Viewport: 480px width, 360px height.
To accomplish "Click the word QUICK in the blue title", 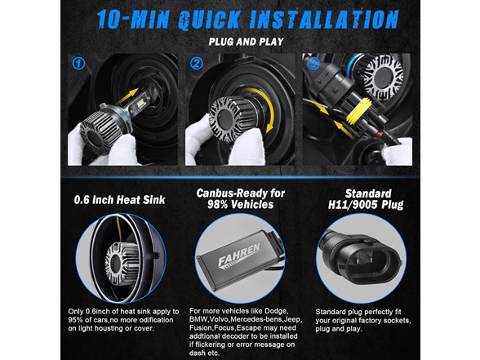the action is click(209, 20).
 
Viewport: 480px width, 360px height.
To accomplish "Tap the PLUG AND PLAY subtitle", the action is click(246, 42).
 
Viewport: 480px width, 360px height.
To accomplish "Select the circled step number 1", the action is click(78, 64).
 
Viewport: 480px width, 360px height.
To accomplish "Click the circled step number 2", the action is click(196, 64).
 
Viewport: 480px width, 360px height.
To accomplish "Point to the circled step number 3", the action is click(313, 64).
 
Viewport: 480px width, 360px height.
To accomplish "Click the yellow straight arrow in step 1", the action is click(127, 98).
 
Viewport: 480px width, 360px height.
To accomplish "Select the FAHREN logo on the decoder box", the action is click(238, 255).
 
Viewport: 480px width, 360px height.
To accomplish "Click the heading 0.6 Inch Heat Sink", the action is click(120, 200).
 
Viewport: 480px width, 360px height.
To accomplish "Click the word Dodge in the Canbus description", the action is click(276, 311).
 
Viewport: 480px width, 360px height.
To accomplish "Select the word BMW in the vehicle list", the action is click(198, 320).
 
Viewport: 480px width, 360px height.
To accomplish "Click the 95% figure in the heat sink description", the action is click(76, 320).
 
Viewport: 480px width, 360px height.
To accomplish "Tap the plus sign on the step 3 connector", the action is click(319, 82).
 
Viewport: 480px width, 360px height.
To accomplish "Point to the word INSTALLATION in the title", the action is click(323, 20).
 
